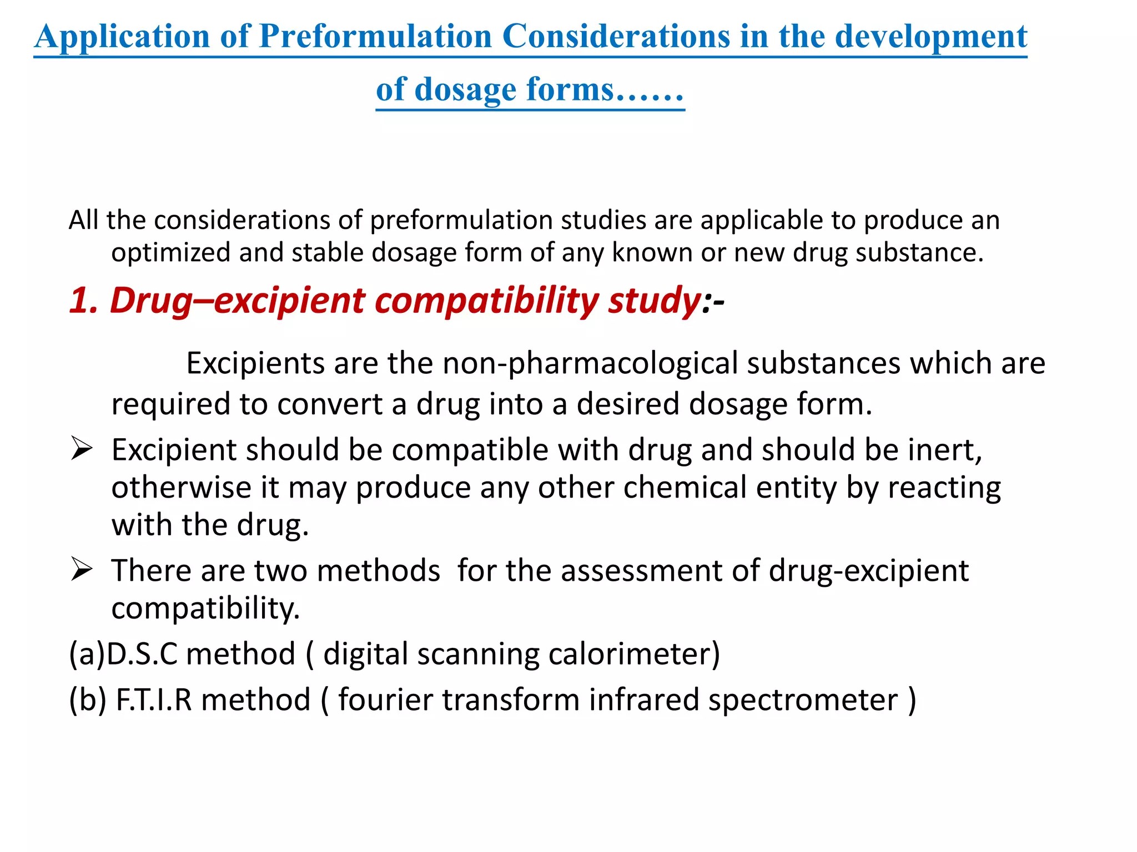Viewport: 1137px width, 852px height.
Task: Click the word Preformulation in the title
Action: (376, 37)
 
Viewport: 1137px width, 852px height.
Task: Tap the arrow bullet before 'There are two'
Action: (82, 570)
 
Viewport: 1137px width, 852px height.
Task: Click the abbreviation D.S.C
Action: (142, 654)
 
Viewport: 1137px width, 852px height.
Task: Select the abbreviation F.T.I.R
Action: (153, 699)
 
